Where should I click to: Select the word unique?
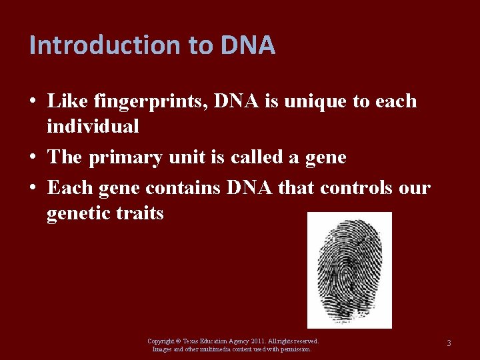pyautogui.click(x=311, y=101)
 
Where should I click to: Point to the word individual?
pyautogui.click(x=93, y=125)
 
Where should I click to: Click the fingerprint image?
pyautogui.click(x=349, y=270)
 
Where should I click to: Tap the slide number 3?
pyautogui.click(x=449, y=343)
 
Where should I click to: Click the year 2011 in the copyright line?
pyautogui.click(x=256, y=341)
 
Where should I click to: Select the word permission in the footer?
pyautogui.click(x=295, y=349)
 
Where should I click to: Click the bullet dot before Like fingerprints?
pyautogui.click(x=33, y=102)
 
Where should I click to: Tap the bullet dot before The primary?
pyautogui.click(x=33, y=158)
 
